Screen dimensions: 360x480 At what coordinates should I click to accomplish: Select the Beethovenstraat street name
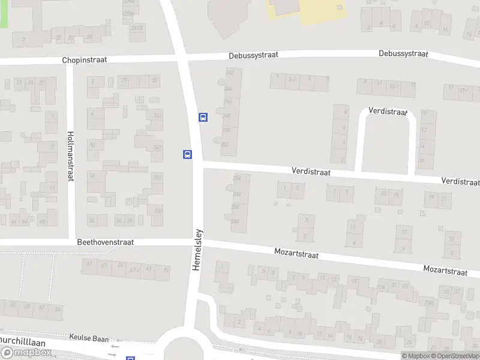(104, 242)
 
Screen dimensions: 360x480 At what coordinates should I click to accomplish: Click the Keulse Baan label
(89, 339)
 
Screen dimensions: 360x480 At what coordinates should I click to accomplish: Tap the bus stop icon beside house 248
(203, 118)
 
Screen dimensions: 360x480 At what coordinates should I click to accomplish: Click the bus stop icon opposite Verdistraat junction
(187, 154)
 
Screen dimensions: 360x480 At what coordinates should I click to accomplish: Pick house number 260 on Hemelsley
(235, 221)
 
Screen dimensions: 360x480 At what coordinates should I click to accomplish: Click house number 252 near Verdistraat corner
(225, 144)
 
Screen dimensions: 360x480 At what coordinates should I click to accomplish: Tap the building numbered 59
(58, 309)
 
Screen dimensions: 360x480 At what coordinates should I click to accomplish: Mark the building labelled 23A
(428, 302)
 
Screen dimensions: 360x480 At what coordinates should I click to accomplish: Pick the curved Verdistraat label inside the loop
(388, 111)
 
